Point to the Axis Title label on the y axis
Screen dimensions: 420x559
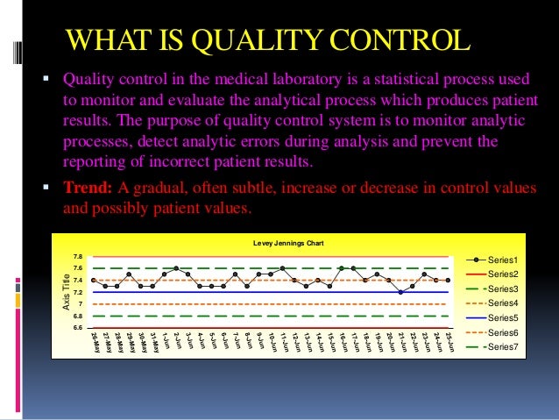[65, 292]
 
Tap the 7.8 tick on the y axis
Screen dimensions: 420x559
[77, 257]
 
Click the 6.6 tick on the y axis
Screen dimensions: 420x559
[77, 328]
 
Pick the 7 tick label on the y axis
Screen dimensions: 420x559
[80, 304]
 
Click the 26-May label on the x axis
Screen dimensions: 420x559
[93, 342]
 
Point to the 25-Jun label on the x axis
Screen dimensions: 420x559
[448, 342]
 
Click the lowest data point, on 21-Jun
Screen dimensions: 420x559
[400, 292]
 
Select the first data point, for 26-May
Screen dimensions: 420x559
[93, 280]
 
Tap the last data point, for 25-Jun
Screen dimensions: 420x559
[448, 281]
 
